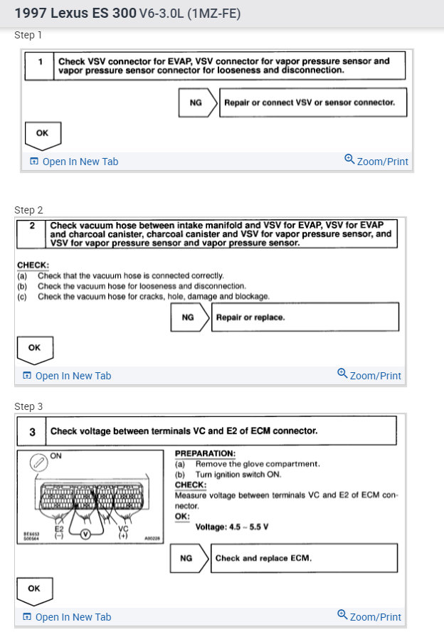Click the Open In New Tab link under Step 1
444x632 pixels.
click(x=74, y=162)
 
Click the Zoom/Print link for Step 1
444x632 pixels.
click(x=376, y=161)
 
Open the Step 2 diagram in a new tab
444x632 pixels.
click(x=67, y=376)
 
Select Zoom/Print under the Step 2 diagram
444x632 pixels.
click(x=369, y=375)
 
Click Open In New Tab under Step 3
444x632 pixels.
click(x=67, y=617)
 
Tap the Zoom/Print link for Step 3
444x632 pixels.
click(x=369, y=616)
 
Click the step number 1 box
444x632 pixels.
click(x=40, y=63)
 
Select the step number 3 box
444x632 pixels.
click(x=32, y=431)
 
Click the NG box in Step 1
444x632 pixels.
click(x=196, y=102)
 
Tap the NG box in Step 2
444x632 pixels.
click(x=188, y=317)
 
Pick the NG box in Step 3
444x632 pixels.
click(x=186, y=559)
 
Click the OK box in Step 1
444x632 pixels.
click(x=42, y=133)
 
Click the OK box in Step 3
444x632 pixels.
click(x=34, y=589)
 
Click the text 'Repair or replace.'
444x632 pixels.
click(x=250, y=317)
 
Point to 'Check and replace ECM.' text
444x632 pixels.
click(x=263, y=559)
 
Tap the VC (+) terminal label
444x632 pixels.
click(x=122, y=532)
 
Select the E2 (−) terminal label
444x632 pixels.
click(x=59, y=532)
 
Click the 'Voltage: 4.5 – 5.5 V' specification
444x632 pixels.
click(x=236, y=527)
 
